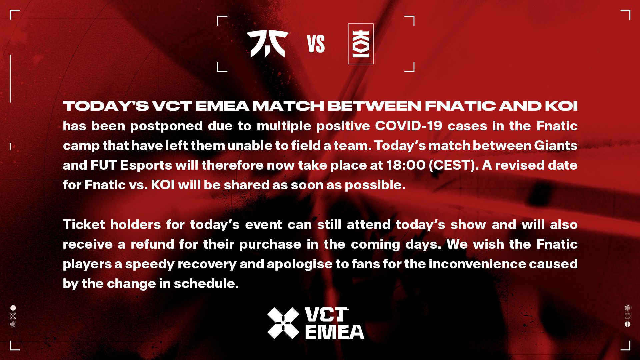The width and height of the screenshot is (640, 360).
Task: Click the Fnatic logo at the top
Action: point(267,44)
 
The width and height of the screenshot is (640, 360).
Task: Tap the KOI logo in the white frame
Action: point(361,44)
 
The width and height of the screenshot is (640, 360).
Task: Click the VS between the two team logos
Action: point(316,44)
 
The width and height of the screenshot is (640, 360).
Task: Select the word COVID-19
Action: point(408,126)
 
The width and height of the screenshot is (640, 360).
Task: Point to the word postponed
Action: point(166,126)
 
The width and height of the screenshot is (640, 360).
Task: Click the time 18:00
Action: point(406,165)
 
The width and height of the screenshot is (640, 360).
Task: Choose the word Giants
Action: point(555,146)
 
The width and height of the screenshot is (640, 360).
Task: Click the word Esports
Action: point(146,165)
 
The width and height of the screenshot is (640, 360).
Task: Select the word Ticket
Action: point(84,224)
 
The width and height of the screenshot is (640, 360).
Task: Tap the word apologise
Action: point(299,264)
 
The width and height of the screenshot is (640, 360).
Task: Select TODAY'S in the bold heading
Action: point(106,106)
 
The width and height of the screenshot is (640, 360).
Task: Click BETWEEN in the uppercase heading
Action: point(374,106)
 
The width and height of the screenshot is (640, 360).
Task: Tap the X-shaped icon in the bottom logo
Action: point(283,323)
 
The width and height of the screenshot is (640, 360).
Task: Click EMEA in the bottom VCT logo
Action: point(334,332)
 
